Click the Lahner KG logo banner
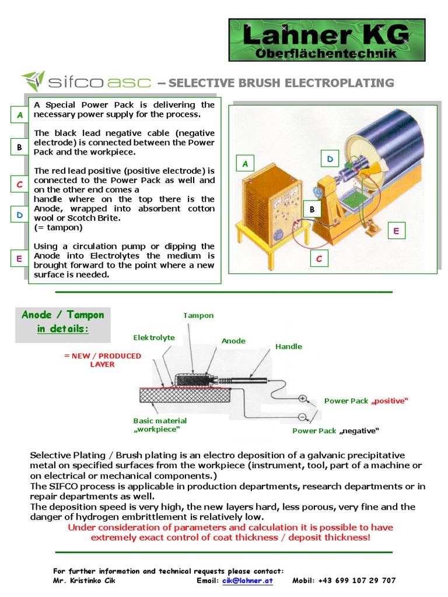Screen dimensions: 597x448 coord(327,40)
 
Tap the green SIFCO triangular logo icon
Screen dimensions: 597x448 coord(33,82)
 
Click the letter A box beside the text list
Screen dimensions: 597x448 coord(19,115)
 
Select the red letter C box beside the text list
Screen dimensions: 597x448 coord(19,184)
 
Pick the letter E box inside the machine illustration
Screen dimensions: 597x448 coord(396,231)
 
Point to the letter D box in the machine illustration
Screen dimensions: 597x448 coord(330,159)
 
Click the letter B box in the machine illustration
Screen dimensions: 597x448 coord(312,209)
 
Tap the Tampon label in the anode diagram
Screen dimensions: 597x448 coord(198,315)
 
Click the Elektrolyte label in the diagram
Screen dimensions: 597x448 coord(154,337)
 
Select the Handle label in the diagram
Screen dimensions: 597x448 coord(289,346)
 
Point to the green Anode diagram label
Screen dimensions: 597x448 coord(233,340)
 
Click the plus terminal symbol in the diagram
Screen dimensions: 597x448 coord(303,399)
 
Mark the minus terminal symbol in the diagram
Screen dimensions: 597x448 coord(302,417)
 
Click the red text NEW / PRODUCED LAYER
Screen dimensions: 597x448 coord(103,360)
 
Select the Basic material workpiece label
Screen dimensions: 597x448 coord(160,425)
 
